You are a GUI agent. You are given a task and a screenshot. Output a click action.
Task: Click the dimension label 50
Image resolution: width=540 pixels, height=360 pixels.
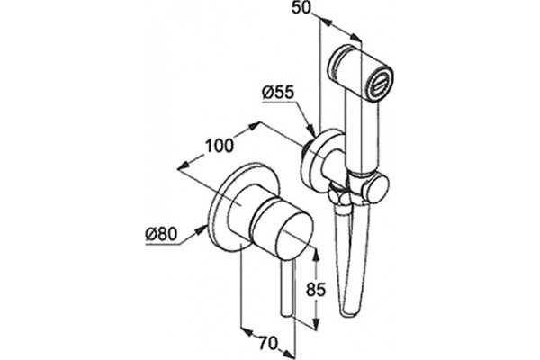point(301,7)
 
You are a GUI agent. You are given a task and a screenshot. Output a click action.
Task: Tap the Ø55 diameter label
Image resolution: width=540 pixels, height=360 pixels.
point(278,93)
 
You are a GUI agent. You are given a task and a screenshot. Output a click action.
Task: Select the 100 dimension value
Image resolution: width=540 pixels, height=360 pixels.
point(220,146)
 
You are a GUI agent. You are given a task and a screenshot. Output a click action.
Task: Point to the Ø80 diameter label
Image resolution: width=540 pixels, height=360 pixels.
point(161,235)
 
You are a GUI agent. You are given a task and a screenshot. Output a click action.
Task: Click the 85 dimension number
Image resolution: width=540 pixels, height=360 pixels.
point(316,290)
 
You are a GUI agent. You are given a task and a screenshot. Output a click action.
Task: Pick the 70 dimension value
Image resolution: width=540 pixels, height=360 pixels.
point(268,343)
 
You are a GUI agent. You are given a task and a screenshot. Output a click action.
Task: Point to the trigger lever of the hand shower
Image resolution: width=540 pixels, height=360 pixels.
point(344,262)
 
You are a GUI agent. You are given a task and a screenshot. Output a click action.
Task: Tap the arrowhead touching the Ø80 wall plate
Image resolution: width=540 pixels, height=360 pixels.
point(202,229)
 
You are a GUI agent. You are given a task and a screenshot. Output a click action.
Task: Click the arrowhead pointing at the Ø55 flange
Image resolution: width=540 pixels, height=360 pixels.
point(311,130)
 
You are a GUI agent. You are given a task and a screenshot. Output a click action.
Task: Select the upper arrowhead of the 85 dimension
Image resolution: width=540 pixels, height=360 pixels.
point(316,254)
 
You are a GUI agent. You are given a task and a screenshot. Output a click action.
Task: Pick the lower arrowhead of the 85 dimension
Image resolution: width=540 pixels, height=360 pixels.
point(316,322)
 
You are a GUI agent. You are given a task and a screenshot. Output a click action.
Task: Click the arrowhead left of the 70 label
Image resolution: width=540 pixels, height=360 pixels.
point(247,332)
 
